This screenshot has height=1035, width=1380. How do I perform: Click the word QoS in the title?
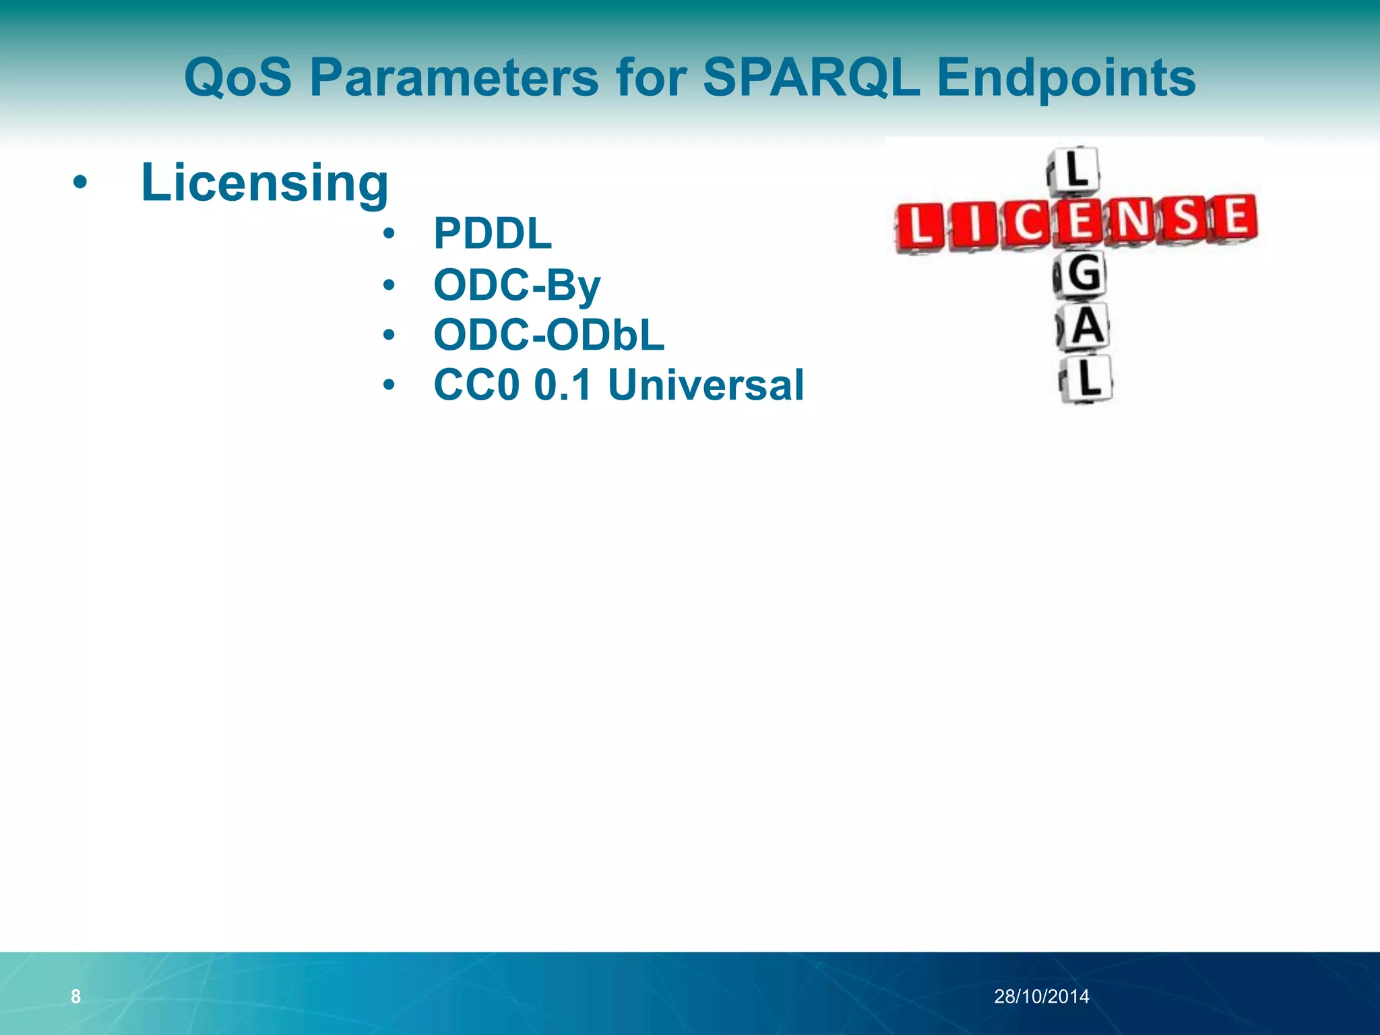238,77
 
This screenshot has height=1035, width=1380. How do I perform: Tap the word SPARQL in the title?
811,77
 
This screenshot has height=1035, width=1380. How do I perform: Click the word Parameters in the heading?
453,77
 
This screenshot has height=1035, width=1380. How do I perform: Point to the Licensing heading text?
264,183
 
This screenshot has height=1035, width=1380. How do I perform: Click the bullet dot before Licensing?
80,183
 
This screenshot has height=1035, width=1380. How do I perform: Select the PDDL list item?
493,234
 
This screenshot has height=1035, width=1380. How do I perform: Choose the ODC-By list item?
517,285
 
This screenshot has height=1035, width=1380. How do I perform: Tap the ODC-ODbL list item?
548,335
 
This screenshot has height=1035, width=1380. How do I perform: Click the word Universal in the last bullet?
705,385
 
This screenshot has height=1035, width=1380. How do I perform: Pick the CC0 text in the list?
479,385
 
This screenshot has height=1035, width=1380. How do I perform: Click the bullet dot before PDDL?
389,234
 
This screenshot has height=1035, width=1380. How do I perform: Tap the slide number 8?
75,997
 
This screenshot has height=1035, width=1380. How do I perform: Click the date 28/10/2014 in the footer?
1041,997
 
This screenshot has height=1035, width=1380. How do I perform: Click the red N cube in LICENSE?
1133,220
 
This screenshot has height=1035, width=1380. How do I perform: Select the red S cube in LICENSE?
1186,219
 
